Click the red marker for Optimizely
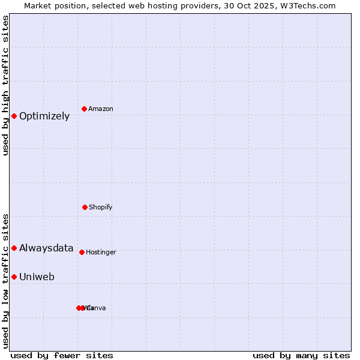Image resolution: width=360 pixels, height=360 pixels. coord(14,116)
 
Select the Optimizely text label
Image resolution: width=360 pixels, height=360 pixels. coord(44,116)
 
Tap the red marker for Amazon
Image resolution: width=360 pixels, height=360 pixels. coord(85,109)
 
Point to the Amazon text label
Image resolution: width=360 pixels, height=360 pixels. coord(101,109)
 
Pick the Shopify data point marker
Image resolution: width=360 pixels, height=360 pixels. coord(85,207)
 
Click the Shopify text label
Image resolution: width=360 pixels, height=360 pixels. coord(101,208)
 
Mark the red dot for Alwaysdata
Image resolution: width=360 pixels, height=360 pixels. coord(14,248)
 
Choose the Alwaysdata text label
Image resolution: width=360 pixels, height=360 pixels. coord(46,248)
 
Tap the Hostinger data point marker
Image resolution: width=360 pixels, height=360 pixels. coord(82,252)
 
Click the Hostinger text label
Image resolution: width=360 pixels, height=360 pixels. coord(101,253)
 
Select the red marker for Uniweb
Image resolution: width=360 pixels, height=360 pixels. coord(14,277)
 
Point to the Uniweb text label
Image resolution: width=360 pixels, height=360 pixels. coord(37,277)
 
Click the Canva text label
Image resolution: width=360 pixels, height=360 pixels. coord(97,308)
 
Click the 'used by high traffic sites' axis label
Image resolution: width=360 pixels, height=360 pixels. coord(6,85)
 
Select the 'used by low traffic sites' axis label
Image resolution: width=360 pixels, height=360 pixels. coord(6,281)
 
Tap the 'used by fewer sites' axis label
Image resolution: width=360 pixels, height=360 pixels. coord(62,356)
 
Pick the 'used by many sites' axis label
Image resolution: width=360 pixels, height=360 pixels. coord(301,356)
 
